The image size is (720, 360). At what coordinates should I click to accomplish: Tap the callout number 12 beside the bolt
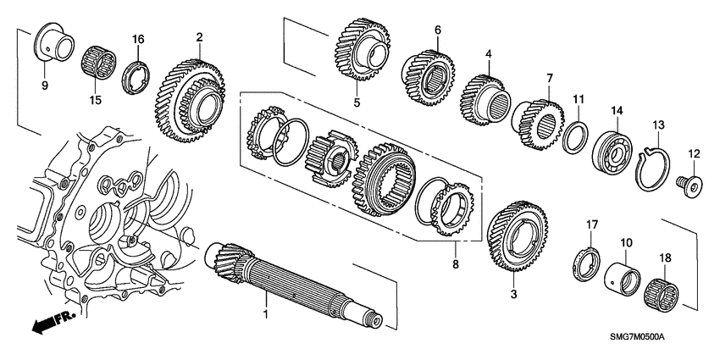click(695, 154)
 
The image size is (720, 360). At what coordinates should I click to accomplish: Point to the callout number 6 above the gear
click(438, 30)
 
